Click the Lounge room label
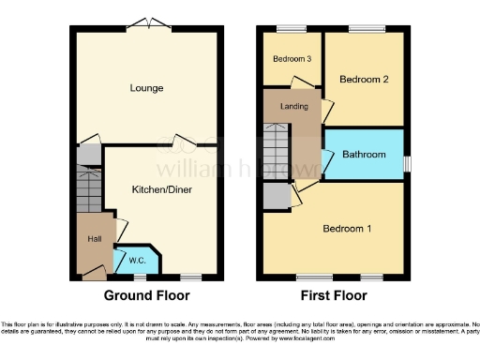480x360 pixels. [x=148, y=88]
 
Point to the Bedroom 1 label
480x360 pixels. [x=347, y=229]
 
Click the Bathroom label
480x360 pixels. [x=364, y=155]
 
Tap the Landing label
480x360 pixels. [x=293, y=106]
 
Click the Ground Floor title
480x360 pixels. [x=148, y=295]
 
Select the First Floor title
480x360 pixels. [x=334, y=295]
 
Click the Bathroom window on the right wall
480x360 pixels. [x=406, y=162]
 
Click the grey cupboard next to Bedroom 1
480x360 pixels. [x=276, y=195]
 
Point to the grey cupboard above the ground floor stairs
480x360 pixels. [x=87, y=155]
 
